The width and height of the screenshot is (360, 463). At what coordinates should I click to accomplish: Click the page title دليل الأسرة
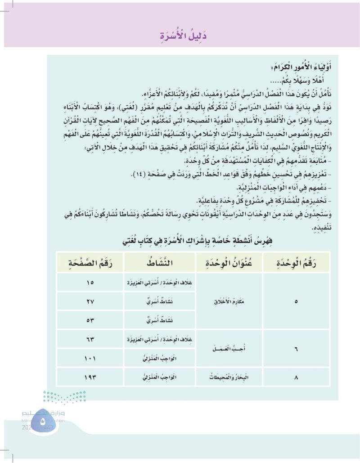coord(180,34)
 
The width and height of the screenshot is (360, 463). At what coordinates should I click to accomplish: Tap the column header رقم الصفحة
coord(88,262)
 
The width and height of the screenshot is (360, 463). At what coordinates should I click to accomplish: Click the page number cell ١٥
coord(88,283)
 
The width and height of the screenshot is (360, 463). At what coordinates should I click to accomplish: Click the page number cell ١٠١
coord(88,358)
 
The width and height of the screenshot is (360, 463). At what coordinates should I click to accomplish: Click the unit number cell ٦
coord(296,349)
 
